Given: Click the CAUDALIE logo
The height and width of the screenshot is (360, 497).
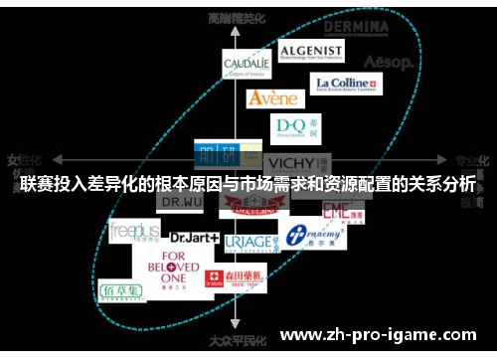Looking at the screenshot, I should pyautogui.click(x=247, y=66).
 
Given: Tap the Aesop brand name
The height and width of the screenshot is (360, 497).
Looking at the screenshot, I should pyautogui.click(x=388, y=62).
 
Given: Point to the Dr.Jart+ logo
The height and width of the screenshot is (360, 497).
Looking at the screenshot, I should pyautogui.click(x=195, y=239).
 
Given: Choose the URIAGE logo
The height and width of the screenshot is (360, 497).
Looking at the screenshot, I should pyautogui.click(x=248, y=243).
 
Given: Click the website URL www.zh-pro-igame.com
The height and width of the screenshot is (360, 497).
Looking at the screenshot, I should pyautogui.click(x=381, y=335).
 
